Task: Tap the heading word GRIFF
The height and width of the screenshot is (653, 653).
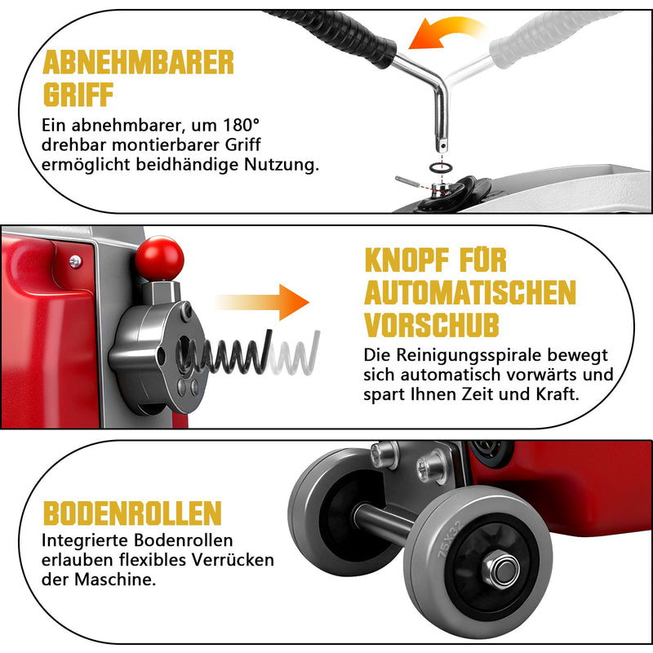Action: coord(78,95)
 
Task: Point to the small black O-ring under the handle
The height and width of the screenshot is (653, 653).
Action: coord(441,167)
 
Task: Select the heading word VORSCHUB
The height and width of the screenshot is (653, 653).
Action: coord(432,325)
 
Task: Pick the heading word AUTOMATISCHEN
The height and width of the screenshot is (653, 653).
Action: coord(470,292)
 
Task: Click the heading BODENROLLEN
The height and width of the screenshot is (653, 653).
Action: coord(132,513)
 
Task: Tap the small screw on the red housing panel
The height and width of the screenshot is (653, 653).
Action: coord(75,261)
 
